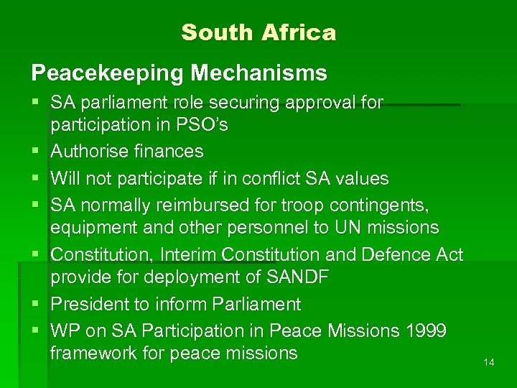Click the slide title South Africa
point(258,33)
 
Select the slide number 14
point(489,363)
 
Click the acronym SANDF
point(297,278)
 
